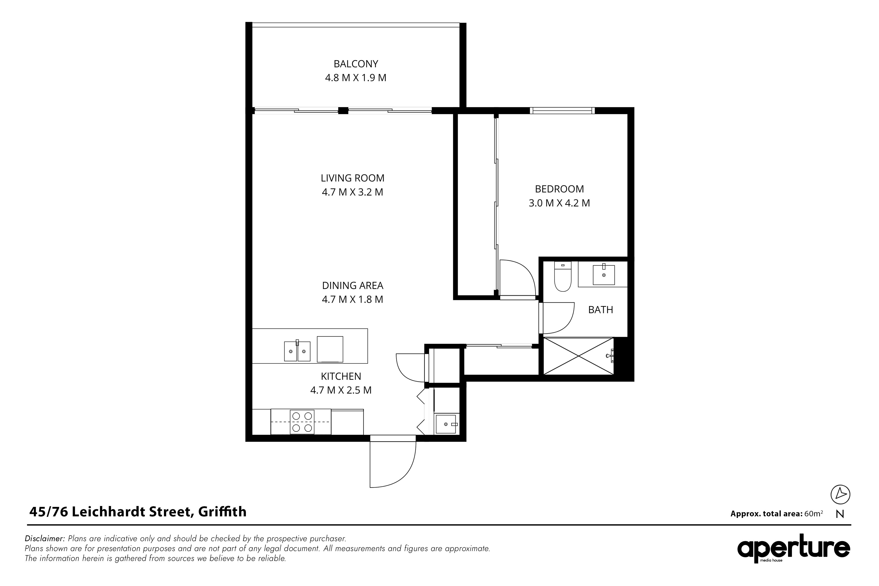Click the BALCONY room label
tap(356, 64)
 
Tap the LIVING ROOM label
tap(352, 178)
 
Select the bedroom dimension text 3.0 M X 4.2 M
tap(559, 203)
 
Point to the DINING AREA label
tap(352, 285)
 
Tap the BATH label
tap(601, 310)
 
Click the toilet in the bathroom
tap(563, 277)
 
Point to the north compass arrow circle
tap(841, 494)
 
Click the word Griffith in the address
tap(222, 512)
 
